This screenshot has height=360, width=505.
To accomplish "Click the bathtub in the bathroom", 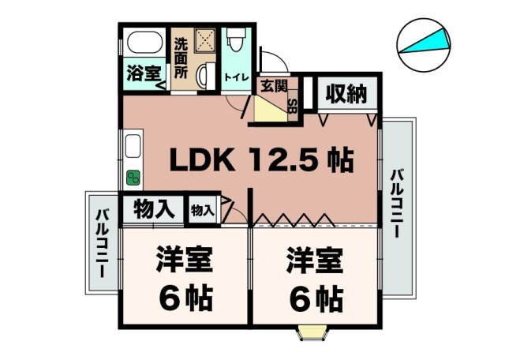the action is pyautogui.click(x=144, y=42).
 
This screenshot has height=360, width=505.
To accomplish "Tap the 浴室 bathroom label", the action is pyautogui.click(x=144, y=73).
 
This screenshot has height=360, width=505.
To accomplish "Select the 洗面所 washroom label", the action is pyautogui.click(x=181, y=58).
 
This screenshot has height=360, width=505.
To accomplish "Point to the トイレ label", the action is pyautogui.click(x=237, y=77).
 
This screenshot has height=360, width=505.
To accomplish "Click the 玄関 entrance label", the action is pyautogui.click(x=274, y=86).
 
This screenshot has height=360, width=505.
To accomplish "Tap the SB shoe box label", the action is pyautogui.click(x=293, y=105).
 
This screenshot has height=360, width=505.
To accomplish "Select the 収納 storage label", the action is pyautogui.click(x=346, y=94).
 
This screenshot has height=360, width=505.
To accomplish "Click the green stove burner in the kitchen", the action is pyautogui.click(x=133, y=178).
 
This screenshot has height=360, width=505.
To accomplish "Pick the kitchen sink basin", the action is pyautogui.click(x=133, y=146).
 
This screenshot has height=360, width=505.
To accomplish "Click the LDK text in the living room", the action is pyautogui.click(x=202, y=159).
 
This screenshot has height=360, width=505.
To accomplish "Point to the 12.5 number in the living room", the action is pyautogui.click(x=284, y=159).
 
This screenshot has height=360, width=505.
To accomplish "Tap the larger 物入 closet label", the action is pyautogui.click(x=154, y=209).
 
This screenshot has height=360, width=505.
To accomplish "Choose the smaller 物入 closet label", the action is pyautogui.click(x=203, y=211).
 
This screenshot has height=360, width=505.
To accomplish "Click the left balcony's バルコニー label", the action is pyautogui.click(x=103, y=243).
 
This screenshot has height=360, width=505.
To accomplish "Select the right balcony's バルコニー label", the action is pyautogui.click(x=397, y=204).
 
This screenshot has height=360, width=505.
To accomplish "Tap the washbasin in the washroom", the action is pyautogui.click(x=205, y=77).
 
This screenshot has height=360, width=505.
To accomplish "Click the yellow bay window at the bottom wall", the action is pyautogui.click(x=312, y=332).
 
